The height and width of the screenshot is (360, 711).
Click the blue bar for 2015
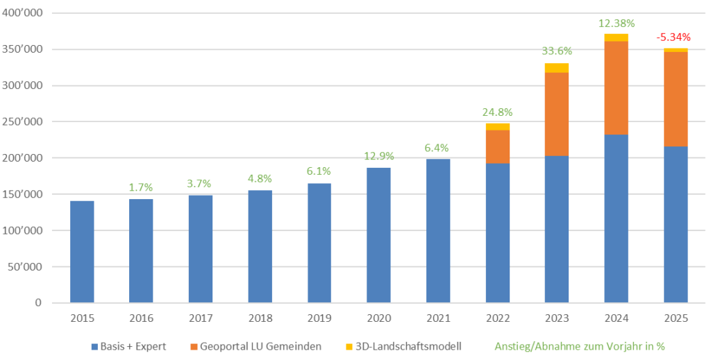(82, 252)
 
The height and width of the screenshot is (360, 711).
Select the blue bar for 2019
(319, 243)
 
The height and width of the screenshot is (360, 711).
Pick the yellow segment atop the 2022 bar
(497, 127)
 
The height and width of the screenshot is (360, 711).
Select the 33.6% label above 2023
(556, 51)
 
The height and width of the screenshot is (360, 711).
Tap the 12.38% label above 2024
(616, 23)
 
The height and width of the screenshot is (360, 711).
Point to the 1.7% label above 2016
(142, 187)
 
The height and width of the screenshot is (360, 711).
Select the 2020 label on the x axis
(378, 319)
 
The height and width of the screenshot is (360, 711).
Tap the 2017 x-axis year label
(201, 319)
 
